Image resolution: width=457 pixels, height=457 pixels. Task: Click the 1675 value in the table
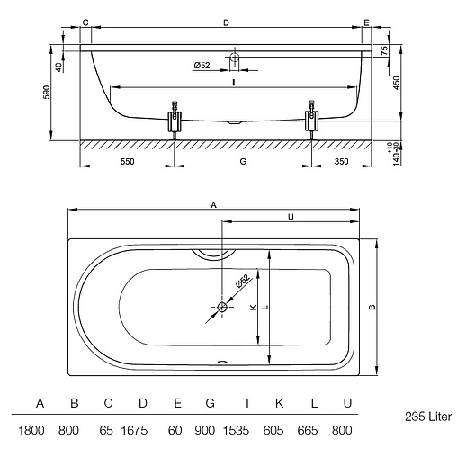134,430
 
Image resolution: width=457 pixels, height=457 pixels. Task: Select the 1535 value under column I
236,430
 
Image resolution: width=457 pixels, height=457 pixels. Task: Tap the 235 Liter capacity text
428,417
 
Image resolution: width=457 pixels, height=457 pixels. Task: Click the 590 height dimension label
47,93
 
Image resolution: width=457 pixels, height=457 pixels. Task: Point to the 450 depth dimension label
396,83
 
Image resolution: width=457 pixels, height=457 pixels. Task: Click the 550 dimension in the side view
127,161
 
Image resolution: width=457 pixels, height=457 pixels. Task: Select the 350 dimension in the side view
341,161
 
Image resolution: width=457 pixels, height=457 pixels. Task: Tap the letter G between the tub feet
243,161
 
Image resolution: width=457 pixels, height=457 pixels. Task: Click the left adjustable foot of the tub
175,121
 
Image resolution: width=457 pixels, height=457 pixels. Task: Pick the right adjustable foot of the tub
312,120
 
